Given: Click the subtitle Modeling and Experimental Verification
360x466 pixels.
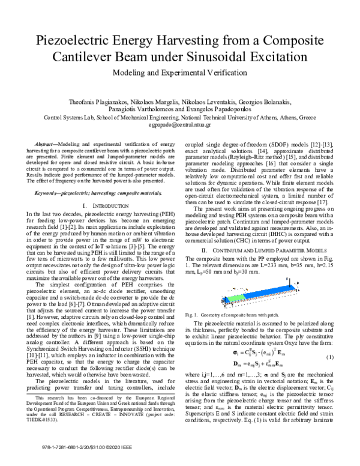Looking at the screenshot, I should pyautogui.click(x=179, y=77).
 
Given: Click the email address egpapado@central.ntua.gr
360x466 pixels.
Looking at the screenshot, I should pyautogui.click(x=180, y=126).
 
